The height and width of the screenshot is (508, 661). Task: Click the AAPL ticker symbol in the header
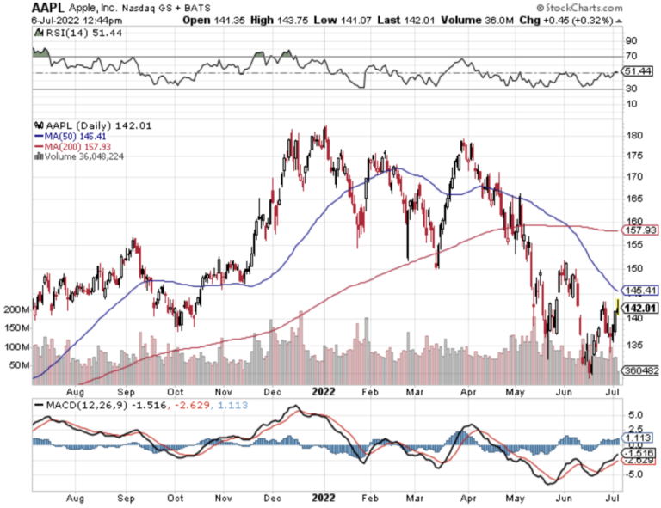pos(22,7)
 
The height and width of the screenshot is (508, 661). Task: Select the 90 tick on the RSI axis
pos(631,40)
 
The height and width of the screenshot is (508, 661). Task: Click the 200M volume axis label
pos(17,309)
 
